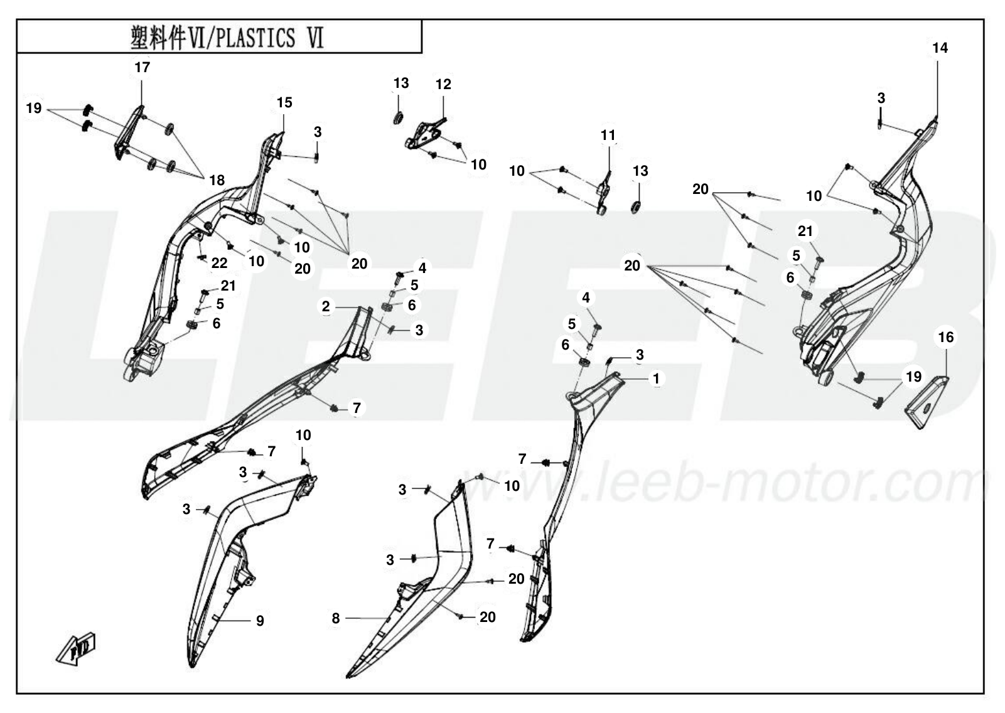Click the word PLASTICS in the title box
(x=255, y=38)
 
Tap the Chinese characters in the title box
(x=158, y=38)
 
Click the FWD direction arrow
(x=76, y=649)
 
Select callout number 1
(x=656, y=378)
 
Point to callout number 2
(x=326, y=306)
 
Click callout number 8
(x=336, y=618)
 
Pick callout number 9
(x=260, y=621)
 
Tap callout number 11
(x=608, y=135)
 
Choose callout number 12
(x=443, y=84)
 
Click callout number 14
(x=940, y=48)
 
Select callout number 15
(x=284, y=102)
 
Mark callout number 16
(x=946, y=337)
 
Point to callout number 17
(x=142, y=67)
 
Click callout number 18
(x=217, y=180)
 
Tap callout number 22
(x=219, y=263)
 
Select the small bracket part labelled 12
(x=423, y=134)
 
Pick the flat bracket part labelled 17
(x=128, y=132)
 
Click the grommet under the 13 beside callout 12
(x=398, y=119)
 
